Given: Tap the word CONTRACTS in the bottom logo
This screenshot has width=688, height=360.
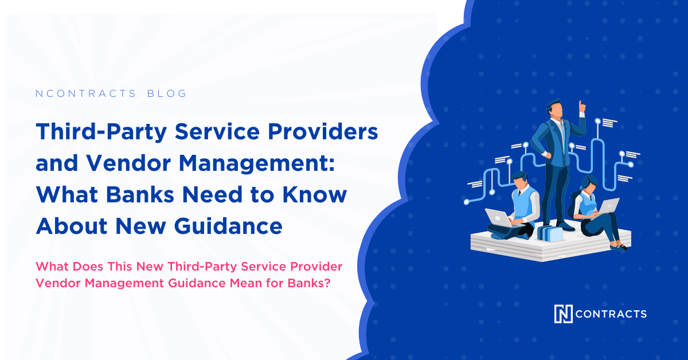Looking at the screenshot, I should click(x=611, y=314).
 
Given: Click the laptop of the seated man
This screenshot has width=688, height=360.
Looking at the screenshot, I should click(x=495, y=217).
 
